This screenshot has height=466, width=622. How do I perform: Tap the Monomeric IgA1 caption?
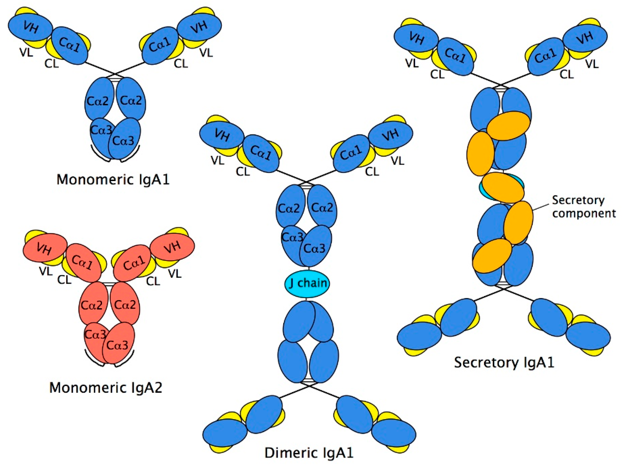[113, 179]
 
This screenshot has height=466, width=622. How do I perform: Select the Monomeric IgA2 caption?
[106, 388]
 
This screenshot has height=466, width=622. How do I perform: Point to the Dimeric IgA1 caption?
[309, 453]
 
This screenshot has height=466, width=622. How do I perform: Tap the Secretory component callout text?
[584, 207]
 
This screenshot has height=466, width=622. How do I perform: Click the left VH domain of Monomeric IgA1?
[30, 27]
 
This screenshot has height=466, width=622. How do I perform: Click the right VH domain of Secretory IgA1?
[585, 38]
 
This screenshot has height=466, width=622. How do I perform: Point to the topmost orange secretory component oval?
[508, 126]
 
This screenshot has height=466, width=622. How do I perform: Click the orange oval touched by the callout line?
[518, 222]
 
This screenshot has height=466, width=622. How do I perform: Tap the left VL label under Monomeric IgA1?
[26, 52]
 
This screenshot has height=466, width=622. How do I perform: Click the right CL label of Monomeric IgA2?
[153, 281]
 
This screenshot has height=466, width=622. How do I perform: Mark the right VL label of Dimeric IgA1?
[397, 161]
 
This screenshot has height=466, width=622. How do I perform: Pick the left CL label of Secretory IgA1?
[437, 74]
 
